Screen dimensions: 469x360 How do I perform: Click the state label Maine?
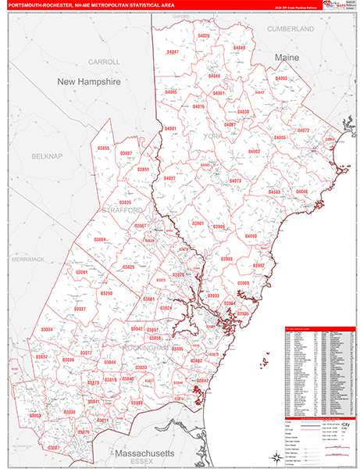pos(287,58)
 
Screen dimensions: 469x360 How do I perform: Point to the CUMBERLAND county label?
pos(290,28)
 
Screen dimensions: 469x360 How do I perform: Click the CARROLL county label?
pos(104,61)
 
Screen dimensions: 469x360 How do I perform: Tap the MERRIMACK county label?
pos(28,259)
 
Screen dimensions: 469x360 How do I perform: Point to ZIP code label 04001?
pos(170,128)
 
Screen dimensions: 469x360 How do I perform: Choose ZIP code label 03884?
pos(100,239)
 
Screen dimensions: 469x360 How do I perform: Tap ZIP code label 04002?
pos(254,151)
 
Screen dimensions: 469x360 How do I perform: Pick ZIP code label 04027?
pos(169,178)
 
